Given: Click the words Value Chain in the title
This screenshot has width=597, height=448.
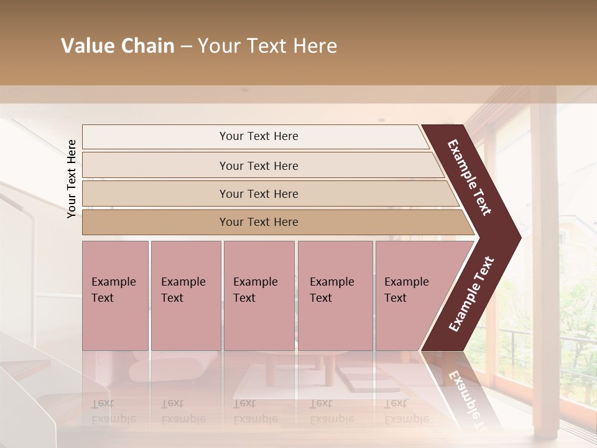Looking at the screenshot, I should (118, 46).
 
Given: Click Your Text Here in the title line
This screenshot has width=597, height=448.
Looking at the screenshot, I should (267, 46).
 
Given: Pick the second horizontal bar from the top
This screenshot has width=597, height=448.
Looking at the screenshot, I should (258, 166).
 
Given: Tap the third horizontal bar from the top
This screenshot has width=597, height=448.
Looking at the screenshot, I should (258, 194).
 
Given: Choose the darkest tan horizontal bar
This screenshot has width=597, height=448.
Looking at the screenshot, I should (258, 222).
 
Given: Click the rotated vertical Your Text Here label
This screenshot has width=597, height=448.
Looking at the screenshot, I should (72, 179).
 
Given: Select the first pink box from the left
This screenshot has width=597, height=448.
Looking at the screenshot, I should (115, 296).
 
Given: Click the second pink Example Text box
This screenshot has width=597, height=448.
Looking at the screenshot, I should (185, 296).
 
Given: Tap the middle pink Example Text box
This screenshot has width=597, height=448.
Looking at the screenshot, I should (259, 296).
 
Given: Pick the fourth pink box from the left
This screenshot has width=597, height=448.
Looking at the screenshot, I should (335, 296).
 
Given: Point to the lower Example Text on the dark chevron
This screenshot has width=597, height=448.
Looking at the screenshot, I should (471, 294).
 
